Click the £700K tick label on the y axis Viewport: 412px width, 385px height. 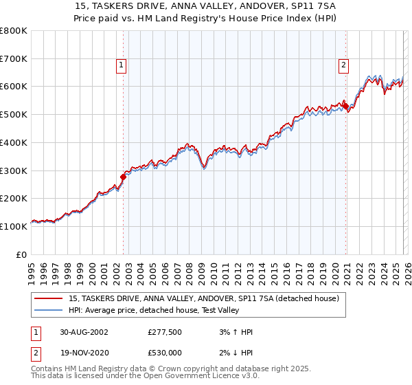pos(14,59)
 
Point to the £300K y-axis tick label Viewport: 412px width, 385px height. pos(14,170)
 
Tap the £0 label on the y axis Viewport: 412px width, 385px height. pos(22,254)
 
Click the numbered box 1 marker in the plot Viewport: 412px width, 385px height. pos(121,65)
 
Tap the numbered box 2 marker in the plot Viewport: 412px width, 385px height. pos(343,65)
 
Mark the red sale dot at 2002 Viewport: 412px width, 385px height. pos(124,177)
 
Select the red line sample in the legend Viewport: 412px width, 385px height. pos(49,299)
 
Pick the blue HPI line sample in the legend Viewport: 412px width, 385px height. pos(49,311)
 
